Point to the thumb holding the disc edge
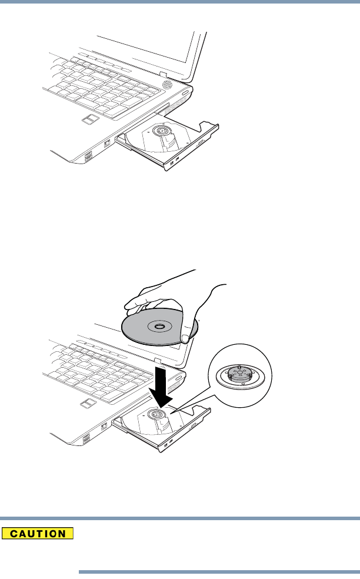[x=186, y=337]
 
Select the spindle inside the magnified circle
[x=241, y=374]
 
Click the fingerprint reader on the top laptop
[x=90, y=121]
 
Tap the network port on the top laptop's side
[x=108, y=144]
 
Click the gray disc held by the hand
[x=141, y=331]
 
